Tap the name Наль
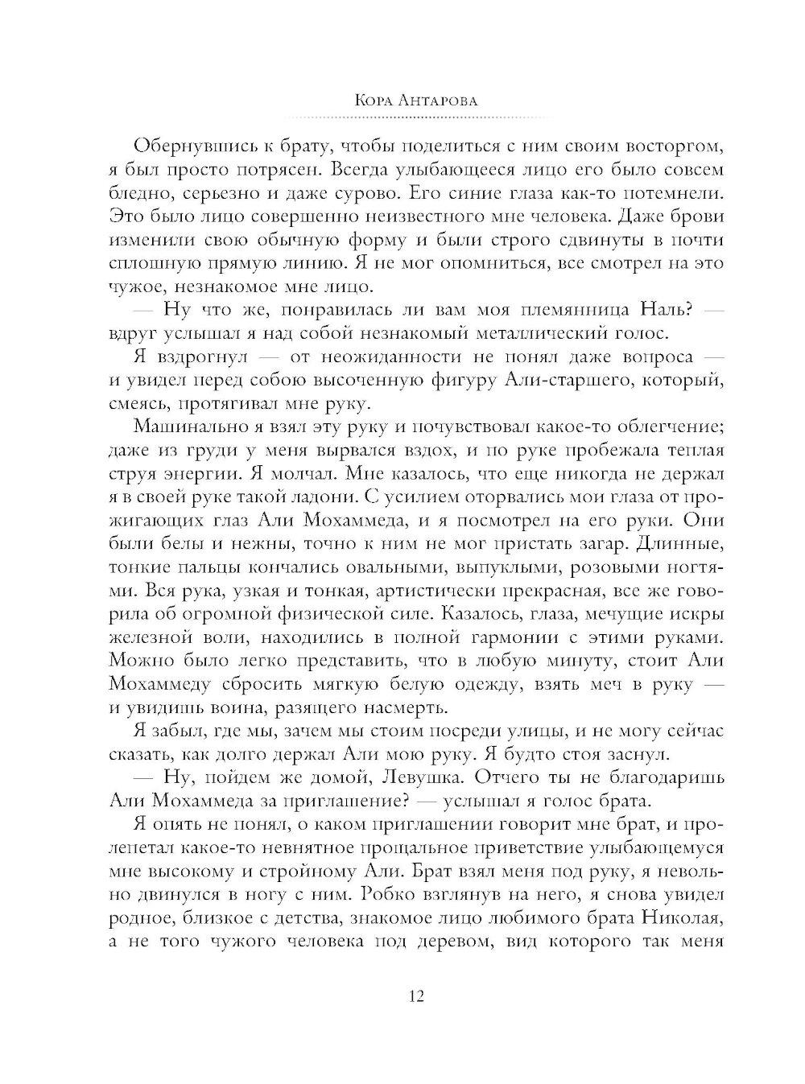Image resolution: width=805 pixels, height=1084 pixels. (x=665, y=310)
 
